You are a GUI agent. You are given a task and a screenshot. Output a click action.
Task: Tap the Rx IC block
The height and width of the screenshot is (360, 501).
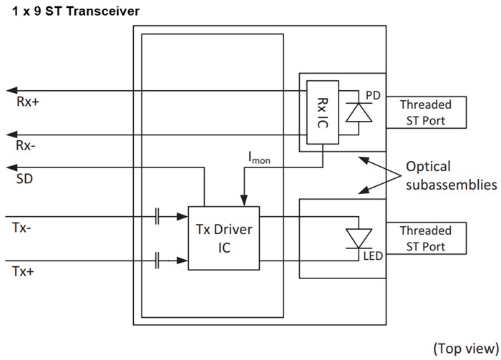pos(322,113)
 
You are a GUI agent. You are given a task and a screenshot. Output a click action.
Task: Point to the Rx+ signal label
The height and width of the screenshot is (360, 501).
pos(29,102)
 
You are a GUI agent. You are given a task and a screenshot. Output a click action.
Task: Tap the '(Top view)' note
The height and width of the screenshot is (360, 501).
pos(464,347)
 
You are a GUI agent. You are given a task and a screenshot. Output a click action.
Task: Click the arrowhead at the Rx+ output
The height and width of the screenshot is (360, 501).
pos(10,90)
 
